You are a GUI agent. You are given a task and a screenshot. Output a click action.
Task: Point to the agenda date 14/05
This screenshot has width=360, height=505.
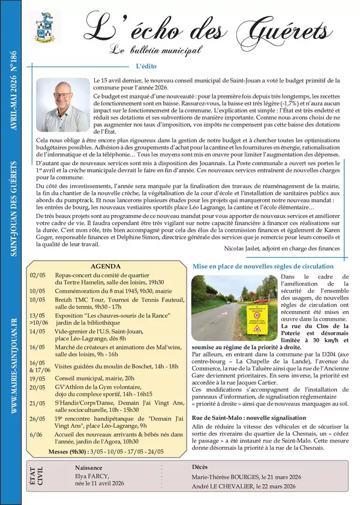37,331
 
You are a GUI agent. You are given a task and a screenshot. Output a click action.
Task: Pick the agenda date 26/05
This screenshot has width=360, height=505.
37,419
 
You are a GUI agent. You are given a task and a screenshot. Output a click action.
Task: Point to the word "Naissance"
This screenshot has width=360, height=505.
89,467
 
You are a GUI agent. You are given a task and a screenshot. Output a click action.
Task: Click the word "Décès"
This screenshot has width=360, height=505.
200,467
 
